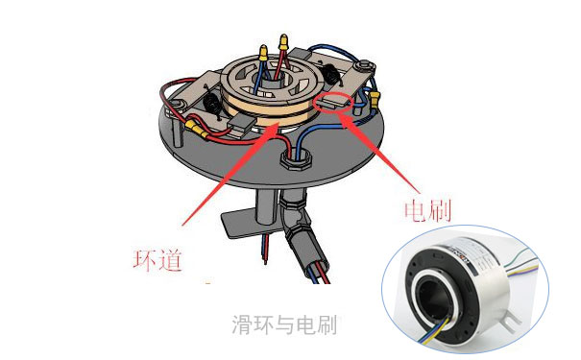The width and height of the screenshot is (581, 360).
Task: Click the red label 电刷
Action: pyautogui.click(x=427, y=211)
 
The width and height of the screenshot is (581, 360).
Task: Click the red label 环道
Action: pyautogui.click(x=157, y=260)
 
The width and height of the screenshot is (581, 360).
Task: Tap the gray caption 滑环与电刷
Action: pyautogui.click(x=284, y=324)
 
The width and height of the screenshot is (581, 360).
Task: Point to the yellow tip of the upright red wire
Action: pyautogui.click(x=283, y=41)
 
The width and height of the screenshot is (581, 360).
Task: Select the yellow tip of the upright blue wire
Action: pyautogui.click(x=263, y=53)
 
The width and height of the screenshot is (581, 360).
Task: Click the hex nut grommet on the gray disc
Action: pyautogui.click(x=296, y=159)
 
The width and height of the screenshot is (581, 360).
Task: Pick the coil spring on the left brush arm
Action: pyautogui.click(x=212, y=105)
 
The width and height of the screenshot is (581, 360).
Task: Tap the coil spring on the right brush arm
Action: pyautogui.click(x=331, y=76)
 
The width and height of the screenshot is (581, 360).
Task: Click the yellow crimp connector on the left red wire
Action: pyautogui.click(x=197, y=128)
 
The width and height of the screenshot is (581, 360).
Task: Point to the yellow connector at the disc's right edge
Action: pyautogui.click(x=375, y=99)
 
